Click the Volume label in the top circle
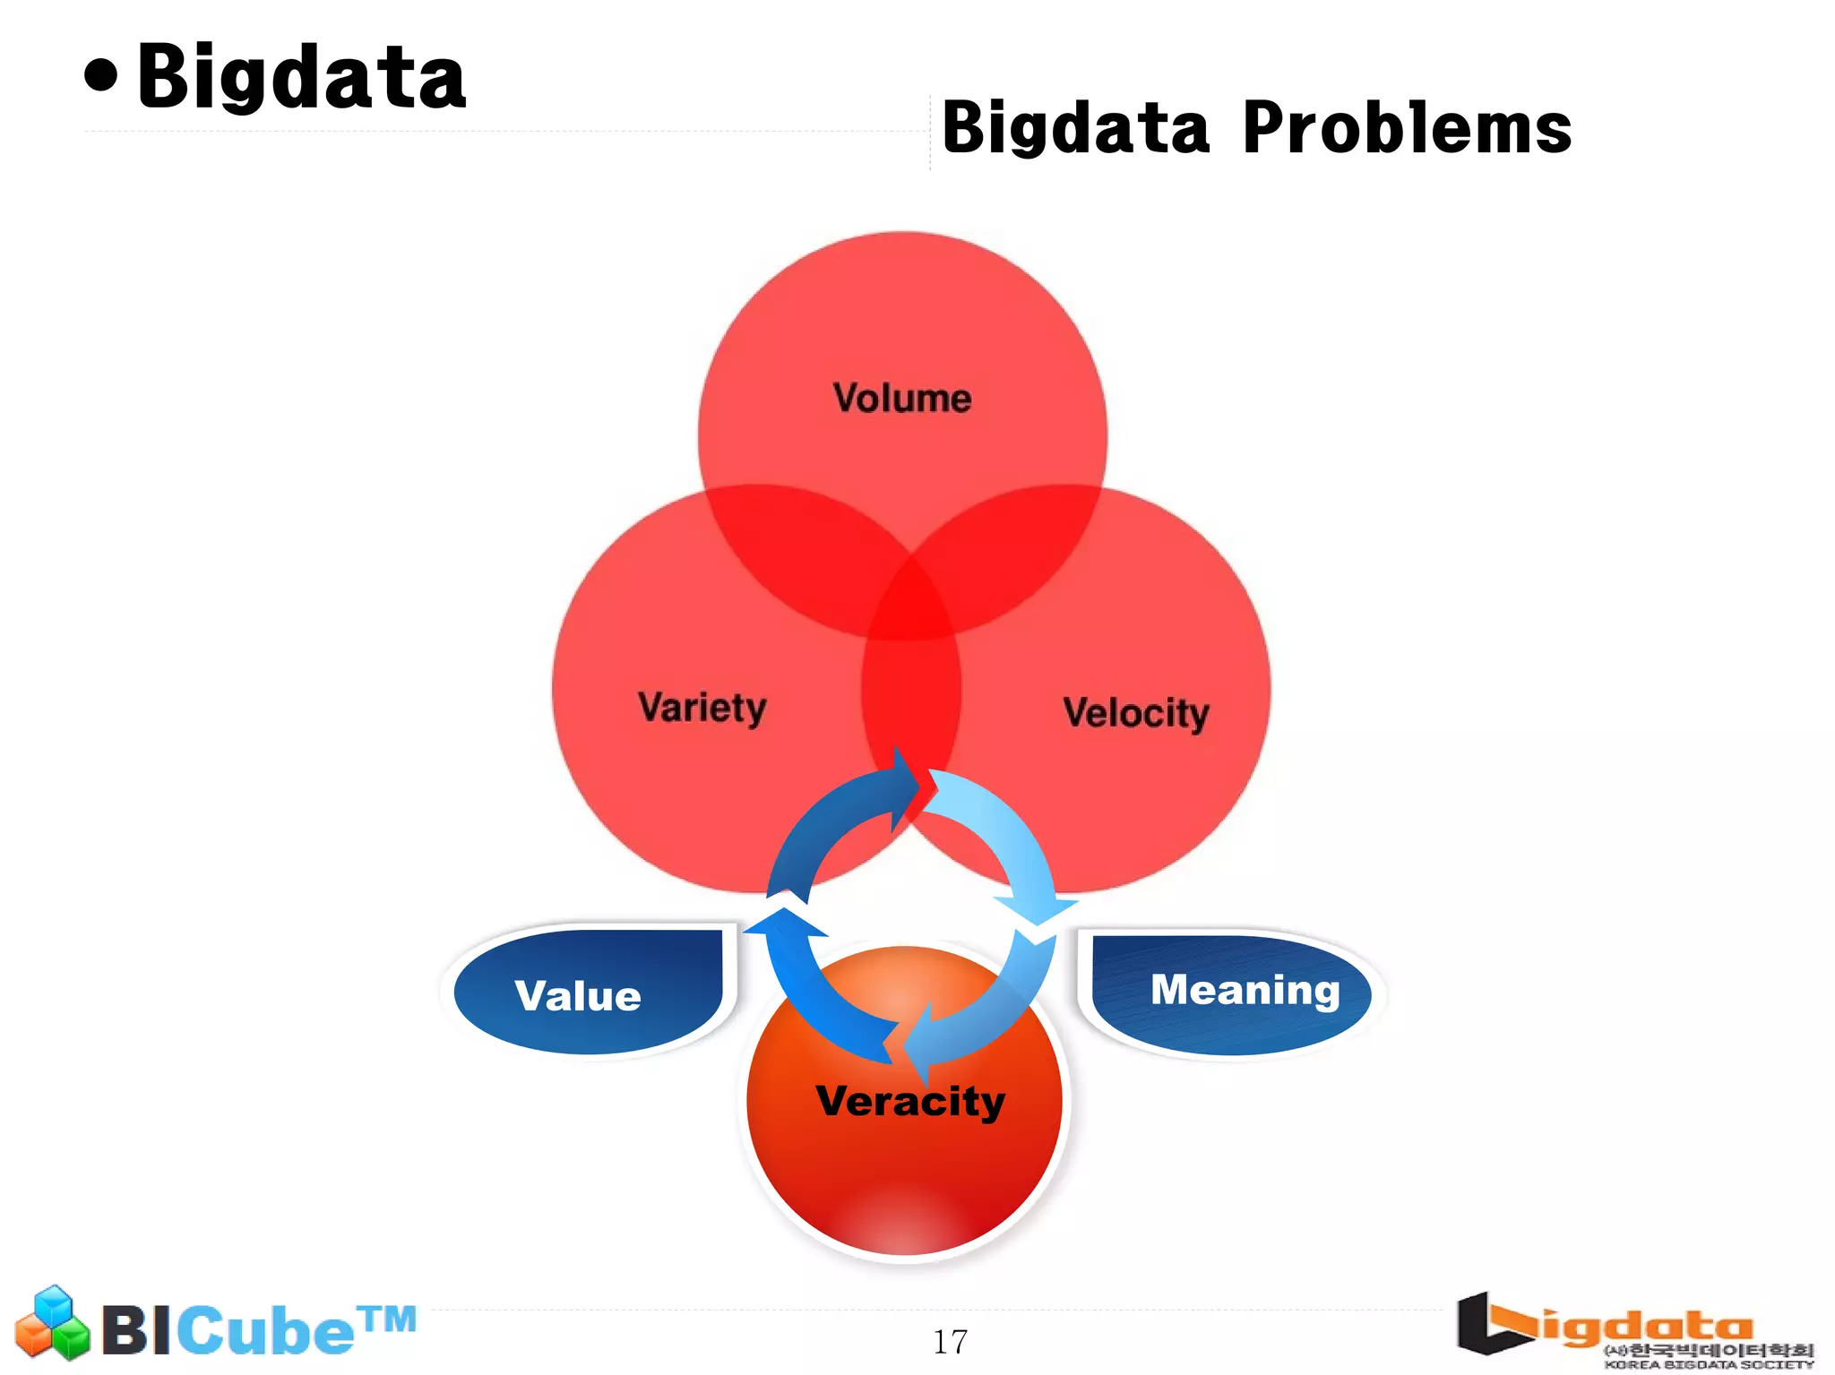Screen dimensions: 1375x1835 [x=901, y=399]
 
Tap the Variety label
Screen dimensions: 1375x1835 [x=702, y=709]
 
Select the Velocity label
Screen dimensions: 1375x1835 [x=1135, y=714]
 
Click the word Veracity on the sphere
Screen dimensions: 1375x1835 [x=909, y=1101]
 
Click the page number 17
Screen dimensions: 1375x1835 [x=950, y=1342]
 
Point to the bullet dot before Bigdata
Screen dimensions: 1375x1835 [x=101, y=76]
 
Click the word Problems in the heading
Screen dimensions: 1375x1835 [x=1407, y=128]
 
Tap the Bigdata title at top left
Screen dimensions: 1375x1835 [x=301, y=78]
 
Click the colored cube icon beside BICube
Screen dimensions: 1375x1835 [x=52, y=1323]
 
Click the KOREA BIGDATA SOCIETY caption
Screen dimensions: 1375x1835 [x=1708, y=1364]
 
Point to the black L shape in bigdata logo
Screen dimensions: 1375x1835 [x=1487, y=1326]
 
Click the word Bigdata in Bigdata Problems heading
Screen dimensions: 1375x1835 [x=1075, y=128]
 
